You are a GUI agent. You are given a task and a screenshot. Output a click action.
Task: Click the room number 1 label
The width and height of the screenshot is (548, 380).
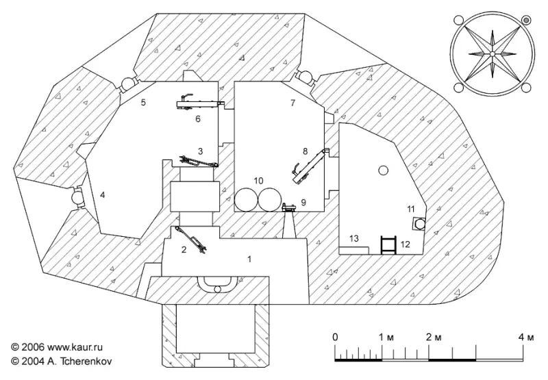[x=250, y=259]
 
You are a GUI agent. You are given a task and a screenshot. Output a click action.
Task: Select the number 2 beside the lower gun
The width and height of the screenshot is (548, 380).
[x=184, y=250]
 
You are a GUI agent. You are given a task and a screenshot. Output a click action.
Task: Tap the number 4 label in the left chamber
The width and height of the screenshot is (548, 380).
[x=103, y=196]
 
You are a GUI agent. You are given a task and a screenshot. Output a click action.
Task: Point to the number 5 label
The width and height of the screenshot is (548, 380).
[x=143, y=103]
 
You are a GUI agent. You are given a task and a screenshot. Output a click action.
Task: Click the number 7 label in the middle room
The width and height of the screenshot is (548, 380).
[x=292, y=103]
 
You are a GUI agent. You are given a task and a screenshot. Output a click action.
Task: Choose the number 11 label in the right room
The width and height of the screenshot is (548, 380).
[x=411, y=209]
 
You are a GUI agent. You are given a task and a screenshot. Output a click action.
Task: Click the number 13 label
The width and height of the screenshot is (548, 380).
[x=353, y=238]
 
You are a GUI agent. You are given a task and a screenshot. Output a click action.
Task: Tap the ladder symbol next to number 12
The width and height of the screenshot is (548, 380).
[x=388, y=244]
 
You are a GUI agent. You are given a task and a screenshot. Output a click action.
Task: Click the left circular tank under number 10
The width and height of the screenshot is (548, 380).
[x=245, y=200]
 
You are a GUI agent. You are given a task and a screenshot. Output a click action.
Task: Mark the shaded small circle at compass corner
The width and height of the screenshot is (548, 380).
[x=526, y=21]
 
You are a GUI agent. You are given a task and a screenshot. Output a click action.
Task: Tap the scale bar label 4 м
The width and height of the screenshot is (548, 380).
[x=525, y=337]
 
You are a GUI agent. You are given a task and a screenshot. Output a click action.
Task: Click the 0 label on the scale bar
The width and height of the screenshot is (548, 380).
[x=335, y=337]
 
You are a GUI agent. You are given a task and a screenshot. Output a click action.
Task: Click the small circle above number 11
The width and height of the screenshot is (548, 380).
[x=383, y=170]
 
